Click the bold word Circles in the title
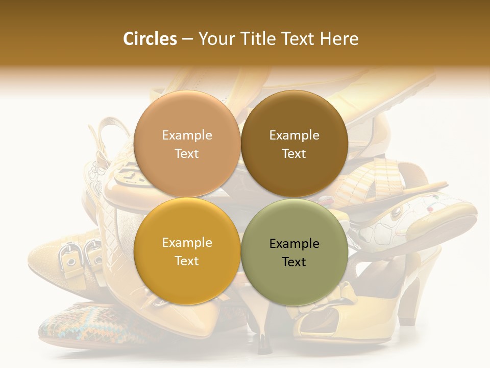point(150,39)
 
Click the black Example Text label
point(294,252)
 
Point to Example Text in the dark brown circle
point(294,144)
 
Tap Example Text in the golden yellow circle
point(187,251)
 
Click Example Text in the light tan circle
point(187,144)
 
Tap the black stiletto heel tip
point(263,344)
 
